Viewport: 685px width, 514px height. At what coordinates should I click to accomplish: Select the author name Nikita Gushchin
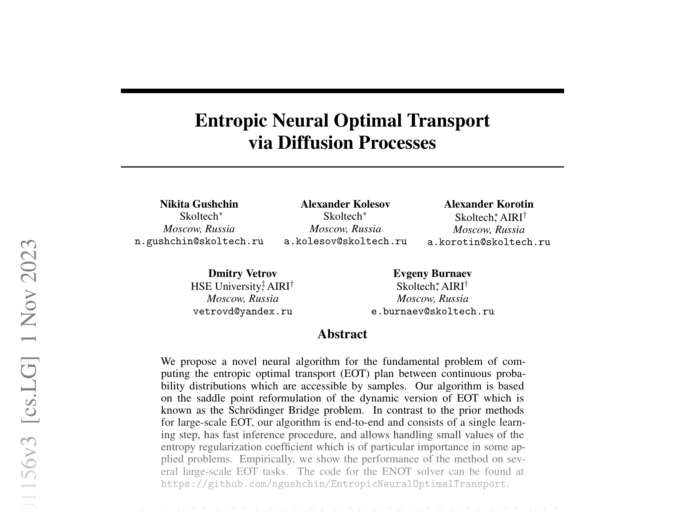[199, 204]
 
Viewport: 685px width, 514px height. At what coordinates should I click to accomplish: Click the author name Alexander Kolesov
[345, 204]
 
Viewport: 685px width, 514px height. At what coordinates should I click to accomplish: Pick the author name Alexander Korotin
[489, 204]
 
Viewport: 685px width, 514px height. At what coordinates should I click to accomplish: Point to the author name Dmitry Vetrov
[243, 273]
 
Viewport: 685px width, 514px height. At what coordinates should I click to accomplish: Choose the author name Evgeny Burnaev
[432, 273]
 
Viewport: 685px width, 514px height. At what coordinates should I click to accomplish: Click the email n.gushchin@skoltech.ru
[199, 241]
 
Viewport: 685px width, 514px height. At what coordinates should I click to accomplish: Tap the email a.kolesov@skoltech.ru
[345, 241]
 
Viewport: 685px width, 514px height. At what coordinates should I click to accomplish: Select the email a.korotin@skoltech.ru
[489, 242]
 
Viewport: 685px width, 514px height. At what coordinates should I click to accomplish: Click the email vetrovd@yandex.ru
[243, 312]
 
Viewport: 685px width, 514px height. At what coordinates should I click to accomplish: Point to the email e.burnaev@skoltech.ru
[432, 312]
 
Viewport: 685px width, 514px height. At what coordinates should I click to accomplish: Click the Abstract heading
[342, 334]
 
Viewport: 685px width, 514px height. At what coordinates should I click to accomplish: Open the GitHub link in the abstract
[333, 484]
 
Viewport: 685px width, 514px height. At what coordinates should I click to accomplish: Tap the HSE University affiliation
[226, 286]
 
